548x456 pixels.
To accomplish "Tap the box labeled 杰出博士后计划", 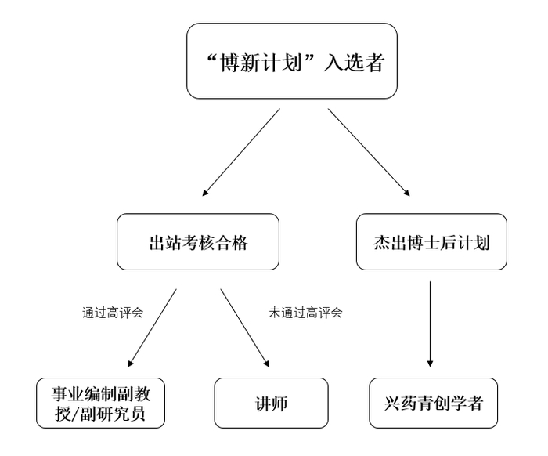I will (x=432, y=242).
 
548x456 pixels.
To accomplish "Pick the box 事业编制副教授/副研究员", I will (x=102, y=403).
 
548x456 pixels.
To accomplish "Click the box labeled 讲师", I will (x=271, y=404).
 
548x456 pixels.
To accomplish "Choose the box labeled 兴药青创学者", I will (x=432, y=404).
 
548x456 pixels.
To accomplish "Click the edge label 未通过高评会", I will (x=305, y=312).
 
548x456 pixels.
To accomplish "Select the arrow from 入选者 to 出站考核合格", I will (x=241, y=152).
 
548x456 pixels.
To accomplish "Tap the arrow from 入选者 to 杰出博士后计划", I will (x=368, y=152).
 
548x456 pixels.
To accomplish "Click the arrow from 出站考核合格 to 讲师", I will (x=246, y=328).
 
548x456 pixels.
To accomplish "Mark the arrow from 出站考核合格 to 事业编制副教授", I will (x=152, y=328).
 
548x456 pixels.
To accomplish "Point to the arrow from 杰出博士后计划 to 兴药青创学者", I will (x=430, y=324).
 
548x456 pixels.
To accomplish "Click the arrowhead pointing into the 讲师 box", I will (x=268, y=364).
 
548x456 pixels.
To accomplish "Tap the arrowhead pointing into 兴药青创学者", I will (x=430, y=363).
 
